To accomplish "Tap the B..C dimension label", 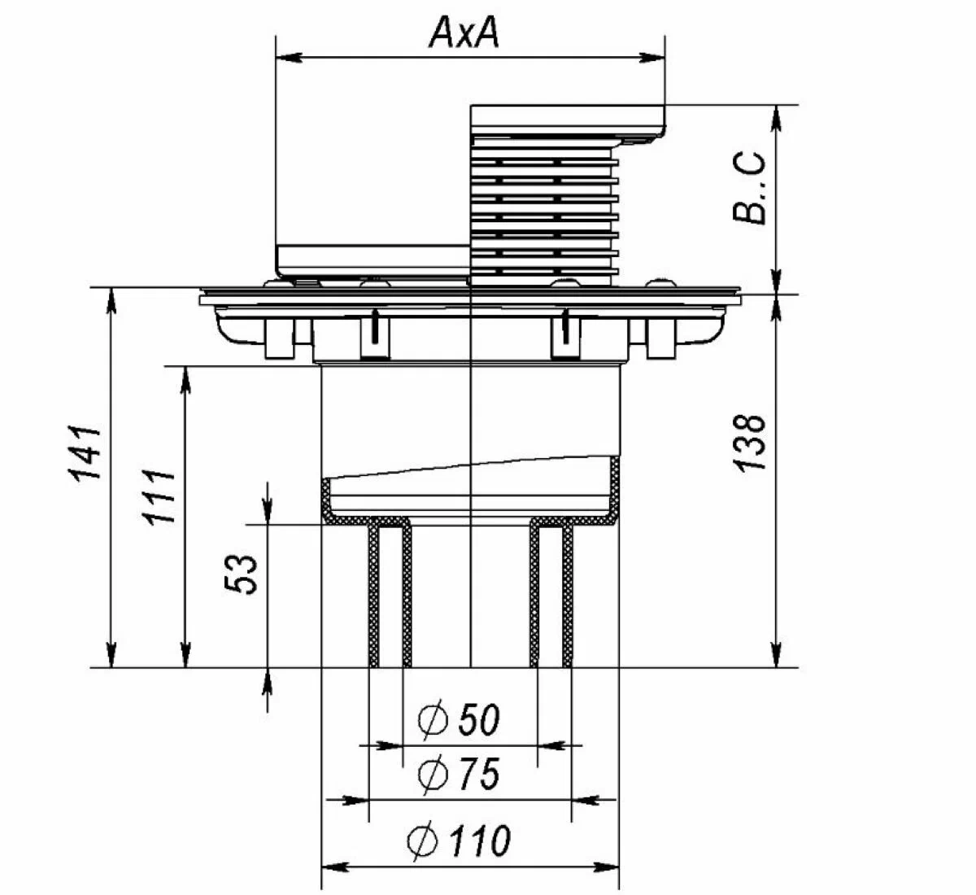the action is (x=749, y=188).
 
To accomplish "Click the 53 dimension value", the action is (x=241, y=574).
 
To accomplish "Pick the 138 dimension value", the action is (x=749, y=443).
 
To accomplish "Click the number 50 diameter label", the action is (x=479, y=718).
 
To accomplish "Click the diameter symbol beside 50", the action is (x=433, y=719).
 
